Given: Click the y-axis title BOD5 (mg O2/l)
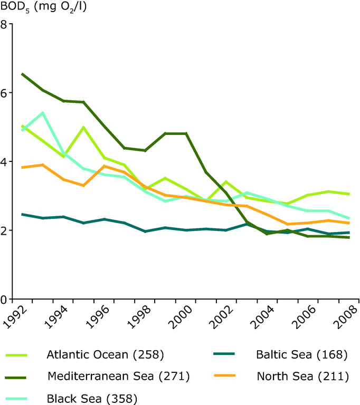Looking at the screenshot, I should (x=42, y=7).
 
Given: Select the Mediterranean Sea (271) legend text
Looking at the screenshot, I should (x=118, y=377).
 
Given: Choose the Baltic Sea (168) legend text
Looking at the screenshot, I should (x=301, y=354).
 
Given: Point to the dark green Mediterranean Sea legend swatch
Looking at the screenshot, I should (x=17, y=377).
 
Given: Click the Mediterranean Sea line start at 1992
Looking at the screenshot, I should (x=22, y=74).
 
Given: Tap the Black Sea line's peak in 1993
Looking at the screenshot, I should (x=42, y=113).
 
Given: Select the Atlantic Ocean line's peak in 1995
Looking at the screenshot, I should (x=83, y=127).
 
